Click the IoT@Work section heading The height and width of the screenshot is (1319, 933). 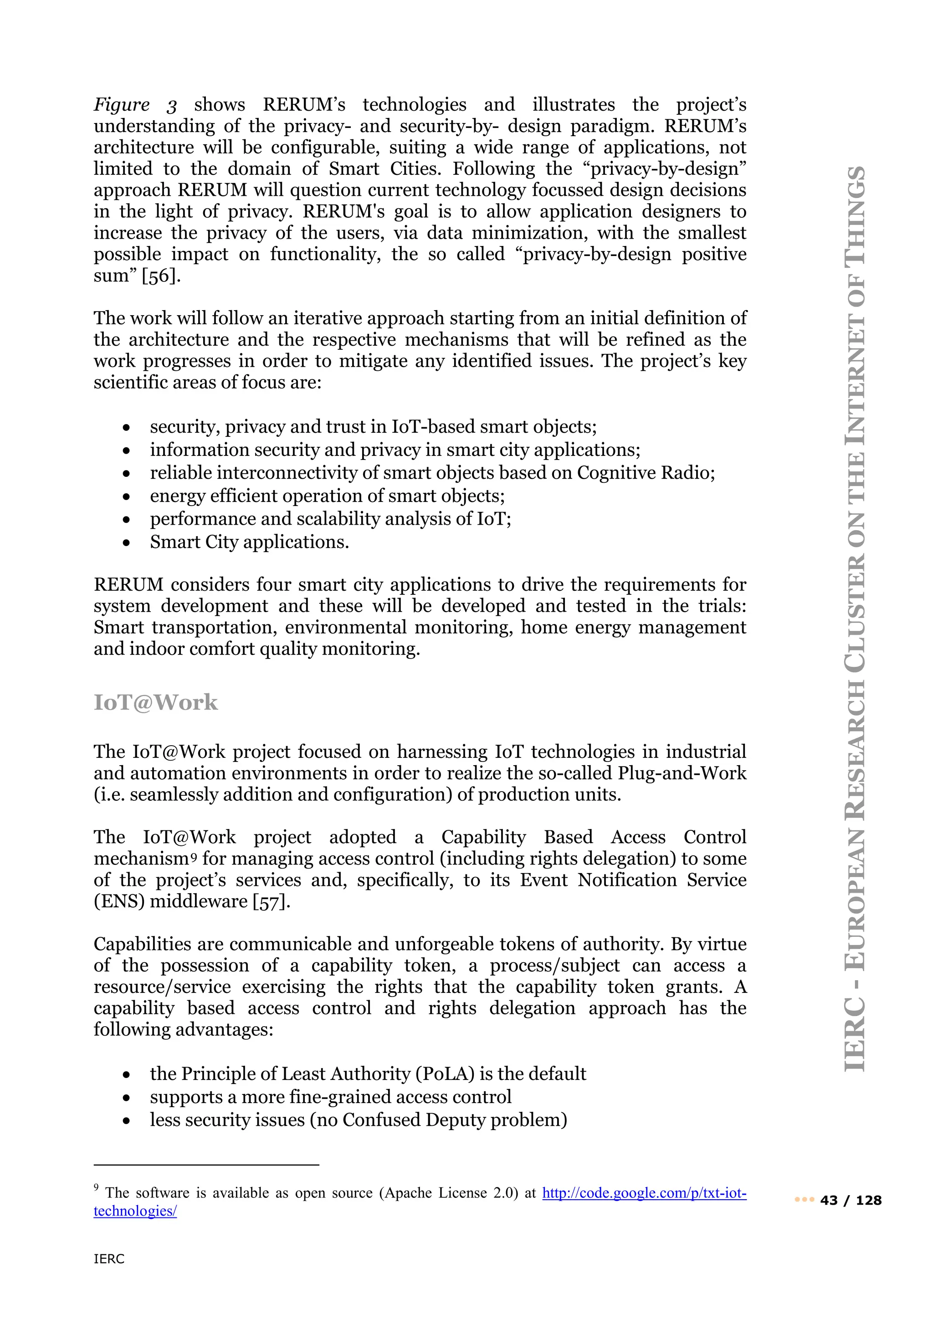pos(156,703)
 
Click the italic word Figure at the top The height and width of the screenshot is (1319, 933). pos(121,105)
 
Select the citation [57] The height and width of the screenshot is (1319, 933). pos(271,901)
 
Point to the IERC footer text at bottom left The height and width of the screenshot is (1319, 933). pos(109,1259)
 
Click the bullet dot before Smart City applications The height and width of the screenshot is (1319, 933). pos(126,543)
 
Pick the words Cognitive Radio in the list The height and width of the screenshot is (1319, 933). pos(646,473)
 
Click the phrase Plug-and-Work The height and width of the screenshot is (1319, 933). pos(682,773)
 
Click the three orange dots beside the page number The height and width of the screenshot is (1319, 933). pos(805,1200)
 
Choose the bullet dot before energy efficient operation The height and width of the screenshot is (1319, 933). pos(126,497)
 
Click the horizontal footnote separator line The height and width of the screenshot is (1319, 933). pos(206,1165)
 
